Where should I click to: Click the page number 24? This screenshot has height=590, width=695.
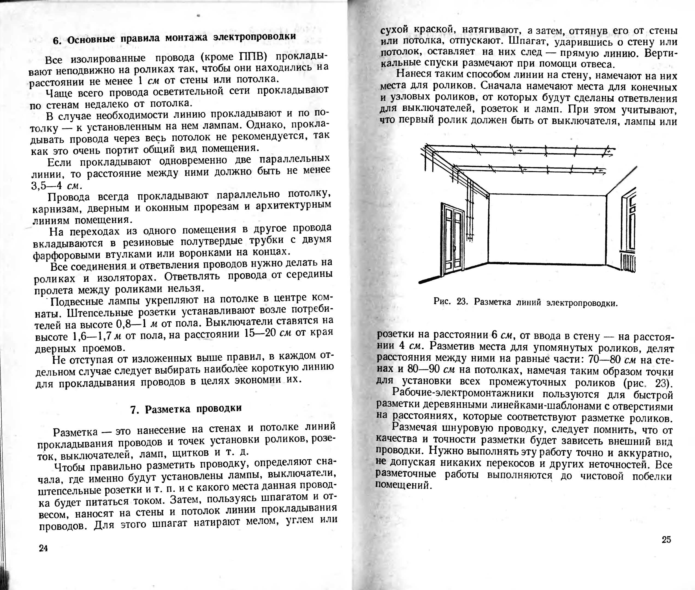point(43,548)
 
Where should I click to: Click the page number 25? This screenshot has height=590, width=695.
point(666,539)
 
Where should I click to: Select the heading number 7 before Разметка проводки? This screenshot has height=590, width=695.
point(134,409)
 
